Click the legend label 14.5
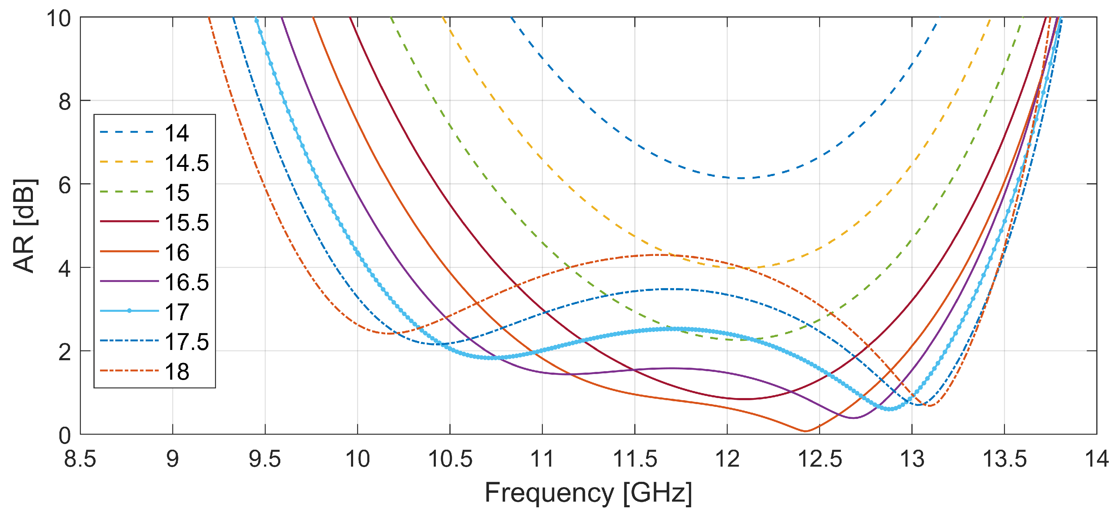(186, 163)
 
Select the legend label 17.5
(186, 342)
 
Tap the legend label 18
(177, 372)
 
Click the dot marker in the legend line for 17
(129, 311)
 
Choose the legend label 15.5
(186, 222)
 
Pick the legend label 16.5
(186, 282)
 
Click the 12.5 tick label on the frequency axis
(819, 459)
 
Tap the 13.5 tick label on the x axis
(1004, 459)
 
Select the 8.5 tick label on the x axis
(80, 459)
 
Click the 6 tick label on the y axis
(65, 185)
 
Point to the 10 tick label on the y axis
(59, 19)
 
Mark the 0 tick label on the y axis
(65, 436)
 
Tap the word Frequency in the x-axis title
(549, 493)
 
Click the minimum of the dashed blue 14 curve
(741, 178)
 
